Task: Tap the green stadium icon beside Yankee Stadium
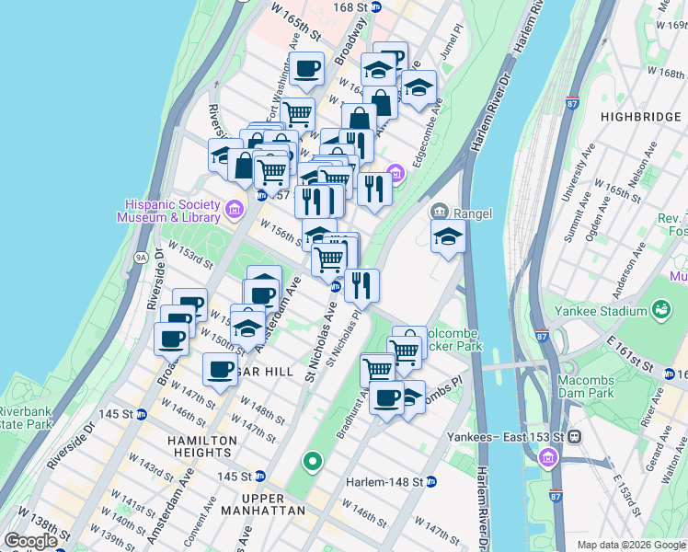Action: [x=660, y=313]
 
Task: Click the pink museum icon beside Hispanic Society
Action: [x=235, y=211]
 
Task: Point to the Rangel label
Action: [x=472, y=213]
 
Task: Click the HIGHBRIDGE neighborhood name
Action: [x=638, y=117]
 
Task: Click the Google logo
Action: [x=31, y=541]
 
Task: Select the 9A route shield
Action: [x=142, y=258]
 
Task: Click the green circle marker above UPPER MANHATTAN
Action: [x=313, y=461]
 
